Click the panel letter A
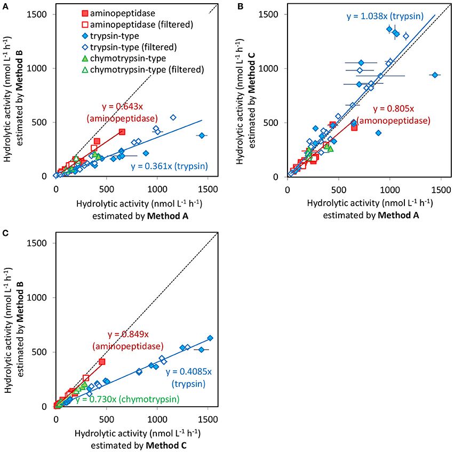point(4,6)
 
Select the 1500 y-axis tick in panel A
point(42,13)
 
